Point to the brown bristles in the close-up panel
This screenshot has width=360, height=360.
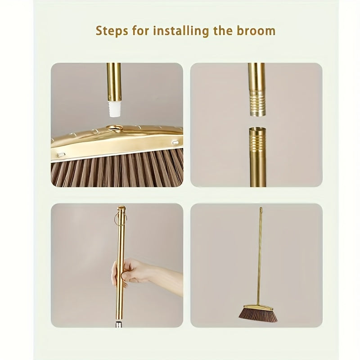(x=112, y=171)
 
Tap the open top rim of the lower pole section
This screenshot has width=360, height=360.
(x=257, y=129)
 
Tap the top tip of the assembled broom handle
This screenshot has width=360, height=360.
(x=260, y=209)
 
